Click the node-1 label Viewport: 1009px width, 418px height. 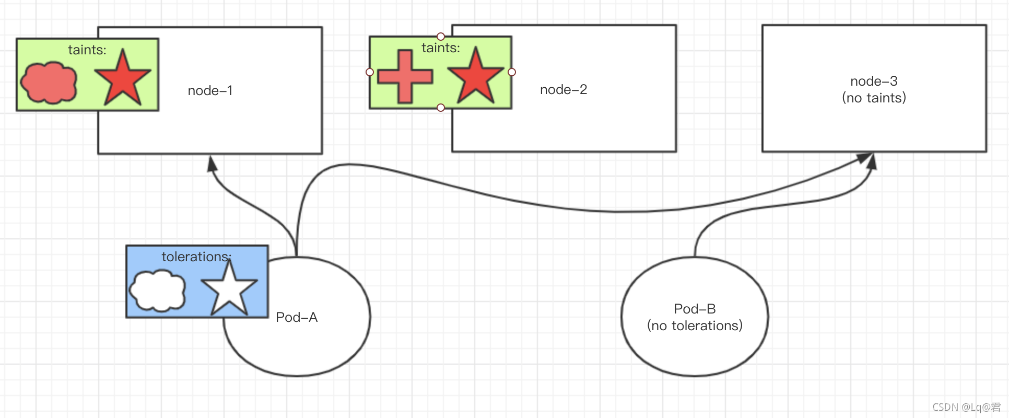tap(210, 91)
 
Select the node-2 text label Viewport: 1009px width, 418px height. tap(564, 90)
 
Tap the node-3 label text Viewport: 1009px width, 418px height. tap(874, 81)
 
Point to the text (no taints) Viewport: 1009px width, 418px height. tap(874, 98)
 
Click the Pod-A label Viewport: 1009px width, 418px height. tap(297, 317)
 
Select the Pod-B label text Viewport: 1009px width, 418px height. tap(695, 309)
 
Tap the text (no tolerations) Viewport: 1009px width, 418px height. tap(695, 326)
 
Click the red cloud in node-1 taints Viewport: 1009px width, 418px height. tap(49, 83)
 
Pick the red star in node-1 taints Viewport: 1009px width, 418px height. tap(122, 78)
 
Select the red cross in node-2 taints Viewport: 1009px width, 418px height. tap(405, 76)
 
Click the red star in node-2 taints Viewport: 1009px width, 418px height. tap(476, 76)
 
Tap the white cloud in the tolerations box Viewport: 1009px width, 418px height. tap(157, 290)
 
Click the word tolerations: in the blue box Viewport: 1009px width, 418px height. tap(196, 257)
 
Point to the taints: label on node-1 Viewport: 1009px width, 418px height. tap(87, 50)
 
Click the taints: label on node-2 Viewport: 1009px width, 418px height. tap(441, 48)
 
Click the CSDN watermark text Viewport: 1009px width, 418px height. tap(966, 407)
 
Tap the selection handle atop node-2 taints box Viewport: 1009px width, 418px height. tap(441, 37)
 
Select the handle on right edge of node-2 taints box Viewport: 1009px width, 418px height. tap(512, 72)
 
